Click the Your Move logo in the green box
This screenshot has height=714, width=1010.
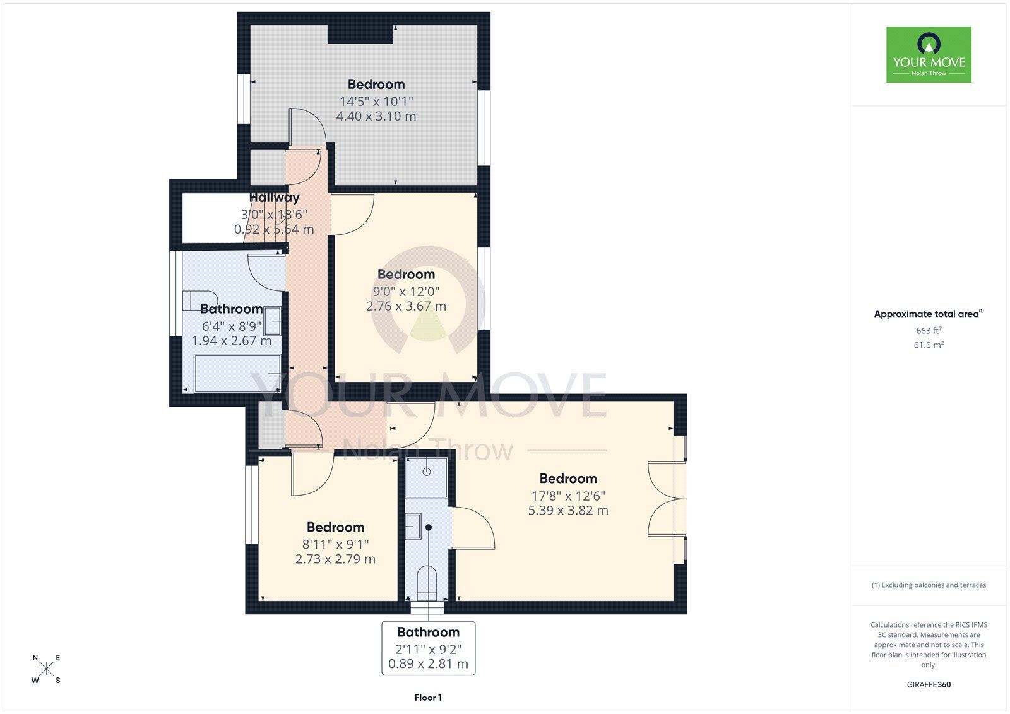pyautogui.click(x=929, y=54)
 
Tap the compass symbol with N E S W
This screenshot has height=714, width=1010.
pyautogui.click(x=47, y=669)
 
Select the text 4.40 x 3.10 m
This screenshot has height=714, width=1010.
pyautogui.click(x=376, y=116)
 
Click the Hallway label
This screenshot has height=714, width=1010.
pyautogui.click(x=274, y=198)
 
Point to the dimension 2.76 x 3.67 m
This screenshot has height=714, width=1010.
pyautogui.click(x=406, y=306)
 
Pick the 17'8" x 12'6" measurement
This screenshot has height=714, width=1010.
pyautogui.click(x=568, y=496)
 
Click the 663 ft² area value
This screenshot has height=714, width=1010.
pyautogui.click(x=929, y=331)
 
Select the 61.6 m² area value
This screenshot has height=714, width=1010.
pyautogui.click(x=929, y=345)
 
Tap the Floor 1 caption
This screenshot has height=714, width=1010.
pyautogui.click(x=428, y=698)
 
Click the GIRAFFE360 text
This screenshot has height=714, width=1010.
pyautogui.click(x=929, y=684)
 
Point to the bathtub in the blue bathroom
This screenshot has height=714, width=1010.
pyautogui.click(x=237, y=374)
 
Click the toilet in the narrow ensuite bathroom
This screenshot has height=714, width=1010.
pyautogui.click(x=427, y=583)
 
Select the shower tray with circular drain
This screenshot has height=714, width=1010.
pyautogui.click(x=427, y=478)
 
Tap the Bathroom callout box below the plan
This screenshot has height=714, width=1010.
pyautogui.click(x=429, y=648)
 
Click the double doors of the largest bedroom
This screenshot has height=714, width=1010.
pyautogui.click(x=667, y=499)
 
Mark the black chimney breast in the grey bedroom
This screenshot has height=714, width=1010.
pyautogui.click(x=360, y=34)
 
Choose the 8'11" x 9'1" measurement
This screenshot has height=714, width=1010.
pyautogui.click(x=335, y=544)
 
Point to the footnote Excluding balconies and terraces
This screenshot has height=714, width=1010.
pyautogui.click(x=929, y=585)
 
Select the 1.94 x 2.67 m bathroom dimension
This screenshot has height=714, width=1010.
pyautogui.click(x=232, y=341)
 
